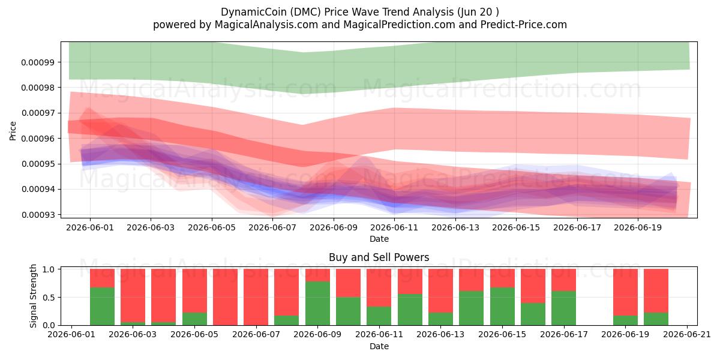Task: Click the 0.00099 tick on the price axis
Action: (x=37, y=62)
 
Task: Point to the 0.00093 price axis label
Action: (x=37, y=215)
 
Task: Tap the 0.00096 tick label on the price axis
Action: (x=37, y=139)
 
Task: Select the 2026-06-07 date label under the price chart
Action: (x=272, y=227)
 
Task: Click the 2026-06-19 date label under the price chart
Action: (x=638, y=227)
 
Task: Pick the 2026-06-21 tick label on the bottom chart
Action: (x=687, y=335)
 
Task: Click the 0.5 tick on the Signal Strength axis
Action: (x=49, y=298)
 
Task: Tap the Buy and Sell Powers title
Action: (x=379, y=257)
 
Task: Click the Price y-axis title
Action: (x=13, y=131)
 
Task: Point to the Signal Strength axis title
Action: (x=33, y=296)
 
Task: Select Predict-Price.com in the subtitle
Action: (x=524, y=25)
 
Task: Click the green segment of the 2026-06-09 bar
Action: (x=317, y=304)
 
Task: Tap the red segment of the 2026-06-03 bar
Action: (x=133, y=295)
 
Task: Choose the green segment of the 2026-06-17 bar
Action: (x=564, y=308)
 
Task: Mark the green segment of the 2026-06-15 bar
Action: (x=502, y=307)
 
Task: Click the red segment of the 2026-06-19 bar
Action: (x=625, y=292)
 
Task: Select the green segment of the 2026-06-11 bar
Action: (x=379, y=316)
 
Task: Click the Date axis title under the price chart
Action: (x=379, y=239)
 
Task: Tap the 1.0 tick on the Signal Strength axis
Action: (x=49, y=269)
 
